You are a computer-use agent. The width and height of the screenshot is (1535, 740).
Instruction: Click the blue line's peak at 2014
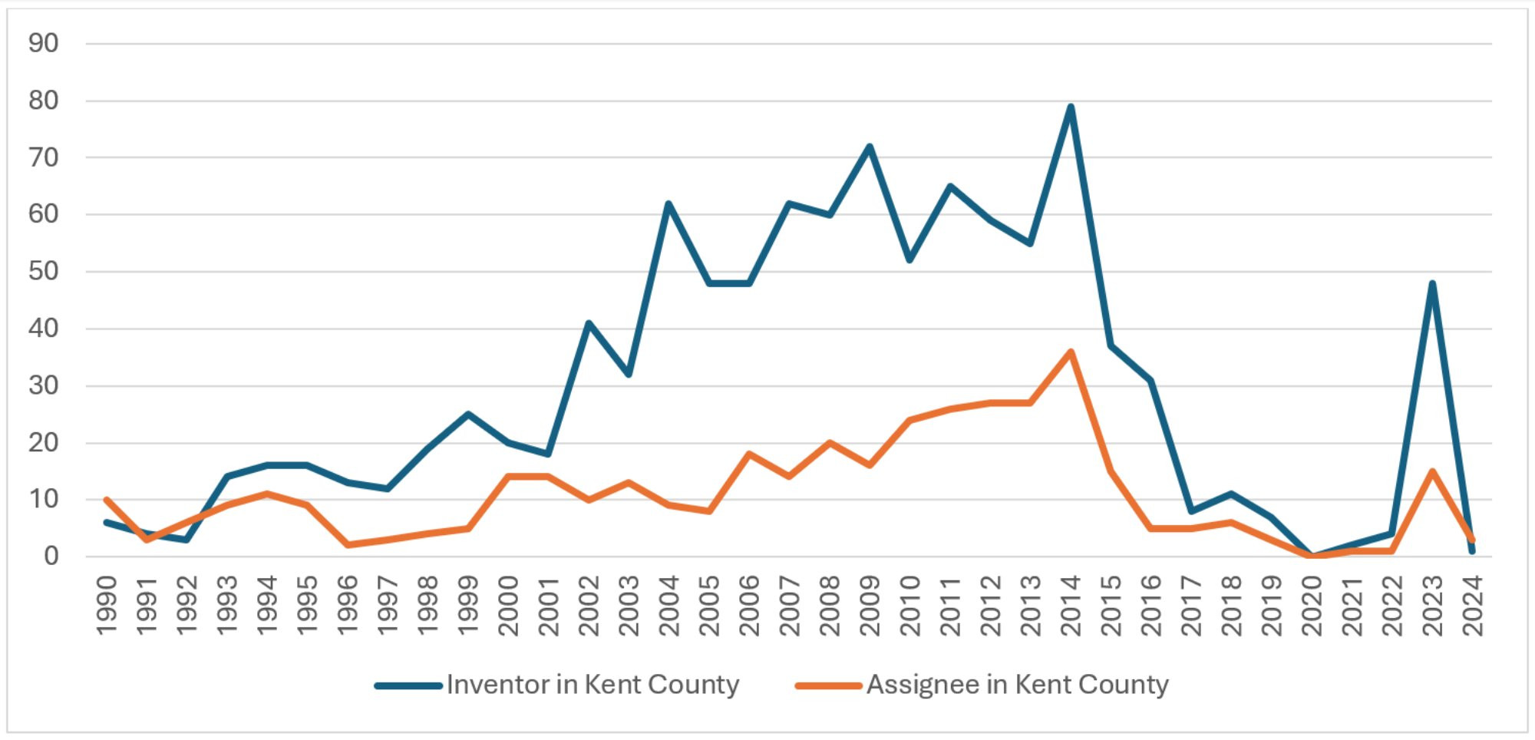[x=1071, y=107]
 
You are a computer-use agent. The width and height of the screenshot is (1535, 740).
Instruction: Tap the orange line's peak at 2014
[x=1071, y=352]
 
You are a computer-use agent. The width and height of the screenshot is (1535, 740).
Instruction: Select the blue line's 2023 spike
[x=1432, y=283]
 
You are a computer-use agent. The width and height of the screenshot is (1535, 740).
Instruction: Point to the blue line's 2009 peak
[x=870, y=146]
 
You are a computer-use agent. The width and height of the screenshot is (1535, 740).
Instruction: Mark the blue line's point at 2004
[x=668, y=203]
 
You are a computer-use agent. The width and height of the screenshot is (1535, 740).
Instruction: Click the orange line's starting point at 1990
[x=106, y=500]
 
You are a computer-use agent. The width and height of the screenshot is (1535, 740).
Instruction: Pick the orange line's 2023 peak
[x=1432, y=471]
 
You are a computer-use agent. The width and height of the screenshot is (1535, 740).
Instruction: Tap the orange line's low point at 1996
[x=347, y=545]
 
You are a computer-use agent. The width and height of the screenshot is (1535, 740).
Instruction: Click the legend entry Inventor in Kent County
[x=593, y=684]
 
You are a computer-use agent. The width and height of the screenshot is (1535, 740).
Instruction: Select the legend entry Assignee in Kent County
[x=1017, y=684]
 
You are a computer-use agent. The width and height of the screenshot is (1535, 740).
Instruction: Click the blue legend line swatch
[x=408, y=685]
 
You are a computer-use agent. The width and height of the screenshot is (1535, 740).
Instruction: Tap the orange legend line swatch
[x=828, y=685]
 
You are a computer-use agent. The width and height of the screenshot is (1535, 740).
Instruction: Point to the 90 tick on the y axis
[x=43, y=43]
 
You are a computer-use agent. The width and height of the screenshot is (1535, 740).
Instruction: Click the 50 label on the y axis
[x=43, y=271]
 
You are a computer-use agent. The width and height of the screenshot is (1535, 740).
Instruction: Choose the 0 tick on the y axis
[x=51, y=556]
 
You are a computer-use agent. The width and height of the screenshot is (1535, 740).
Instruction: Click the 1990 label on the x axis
[x=106, y=606]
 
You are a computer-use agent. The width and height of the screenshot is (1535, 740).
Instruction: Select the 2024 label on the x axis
[x=1473, y=606]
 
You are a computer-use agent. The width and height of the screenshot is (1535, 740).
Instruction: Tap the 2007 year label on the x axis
[x=789, y=606]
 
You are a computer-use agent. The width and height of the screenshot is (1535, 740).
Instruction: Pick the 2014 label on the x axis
[x=1071, y=606]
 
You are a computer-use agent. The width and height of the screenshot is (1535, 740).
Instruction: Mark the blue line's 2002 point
[x=588, y=322]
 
